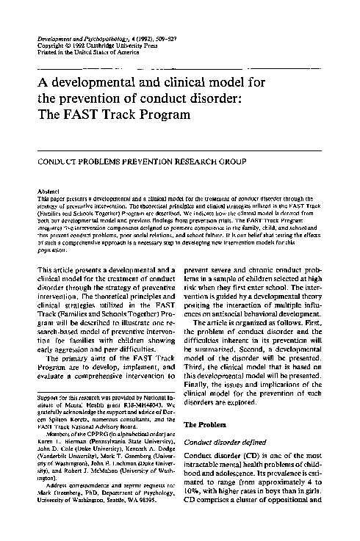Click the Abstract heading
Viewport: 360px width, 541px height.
pos(48,190)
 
